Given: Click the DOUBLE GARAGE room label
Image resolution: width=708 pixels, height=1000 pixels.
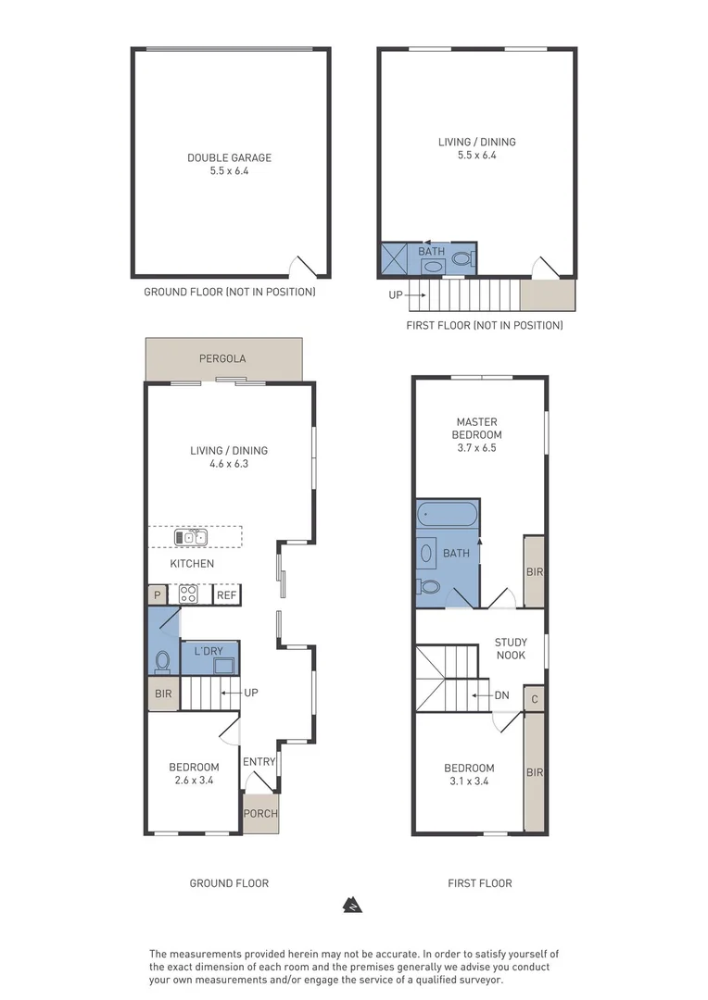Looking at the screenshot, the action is (229, 157).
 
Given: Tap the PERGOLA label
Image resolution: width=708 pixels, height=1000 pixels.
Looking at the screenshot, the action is (222, 358).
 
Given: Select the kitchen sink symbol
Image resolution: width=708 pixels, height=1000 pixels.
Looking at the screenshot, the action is (190, 537).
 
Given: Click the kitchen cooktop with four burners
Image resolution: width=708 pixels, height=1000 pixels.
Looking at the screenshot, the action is (188, 594).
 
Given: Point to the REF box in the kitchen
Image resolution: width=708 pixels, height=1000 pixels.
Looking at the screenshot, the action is (227, 595).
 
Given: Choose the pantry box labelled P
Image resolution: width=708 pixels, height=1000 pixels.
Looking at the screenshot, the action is (157, 595).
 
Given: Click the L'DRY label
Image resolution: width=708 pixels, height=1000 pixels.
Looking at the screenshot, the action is (209, 651).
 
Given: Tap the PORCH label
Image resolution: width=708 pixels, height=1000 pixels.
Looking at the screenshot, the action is (260, 813).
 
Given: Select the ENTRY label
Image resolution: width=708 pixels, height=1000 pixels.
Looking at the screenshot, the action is (259, 761).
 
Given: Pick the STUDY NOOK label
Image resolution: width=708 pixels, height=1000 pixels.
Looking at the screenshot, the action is (511, 648).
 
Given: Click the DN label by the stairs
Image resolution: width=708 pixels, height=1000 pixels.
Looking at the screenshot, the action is (501, 695).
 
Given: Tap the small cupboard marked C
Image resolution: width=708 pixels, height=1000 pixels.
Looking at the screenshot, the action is (535, 699).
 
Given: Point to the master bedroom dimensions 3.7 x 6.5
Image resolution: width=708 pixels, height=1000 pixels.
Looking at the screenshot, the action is (476, 448).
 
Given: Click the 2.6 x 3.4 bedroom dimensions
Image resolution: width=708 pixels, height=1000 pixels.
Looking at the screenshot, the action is (194, 780).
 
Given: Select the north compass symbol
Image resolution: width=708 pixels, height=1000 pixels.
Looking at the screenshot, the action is (352, 905).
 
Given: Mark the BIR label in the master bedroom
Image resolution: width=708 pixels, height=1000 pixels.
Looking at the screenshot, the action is (535, 572).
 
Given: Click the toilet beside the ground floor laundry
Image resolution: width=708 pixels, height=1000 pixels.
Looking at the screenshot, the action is (163, 661).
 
